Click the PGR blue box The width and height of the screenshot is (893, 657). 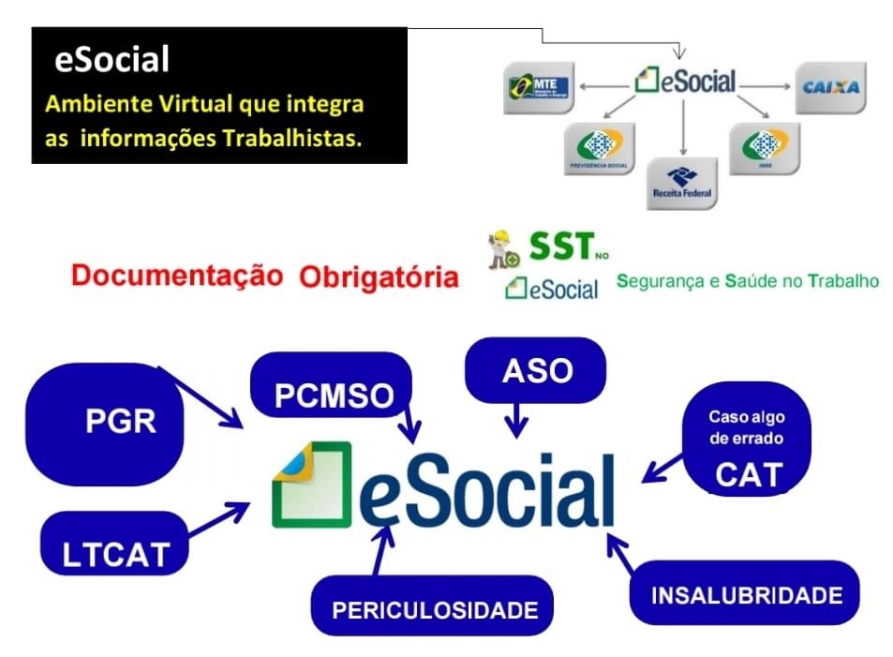coord(106,422)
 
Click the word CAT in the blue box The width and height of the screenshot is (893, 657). coord(748,475)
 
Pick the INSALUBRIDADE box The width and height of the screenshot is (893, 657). coord(746,593)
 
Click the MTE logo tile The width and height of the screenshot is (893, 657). coord(538,89)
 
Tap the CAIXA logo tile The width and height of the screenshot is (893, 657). coord(830,88)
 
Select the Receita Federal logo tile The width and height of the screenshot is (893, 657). coord(681,182)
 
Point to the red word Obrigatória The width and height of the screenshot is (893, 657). coord(380,277)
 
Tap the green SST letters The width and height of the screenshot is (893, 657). coord(560,247)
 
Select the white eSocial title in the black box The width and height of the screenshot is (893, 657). coord(112,60)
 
